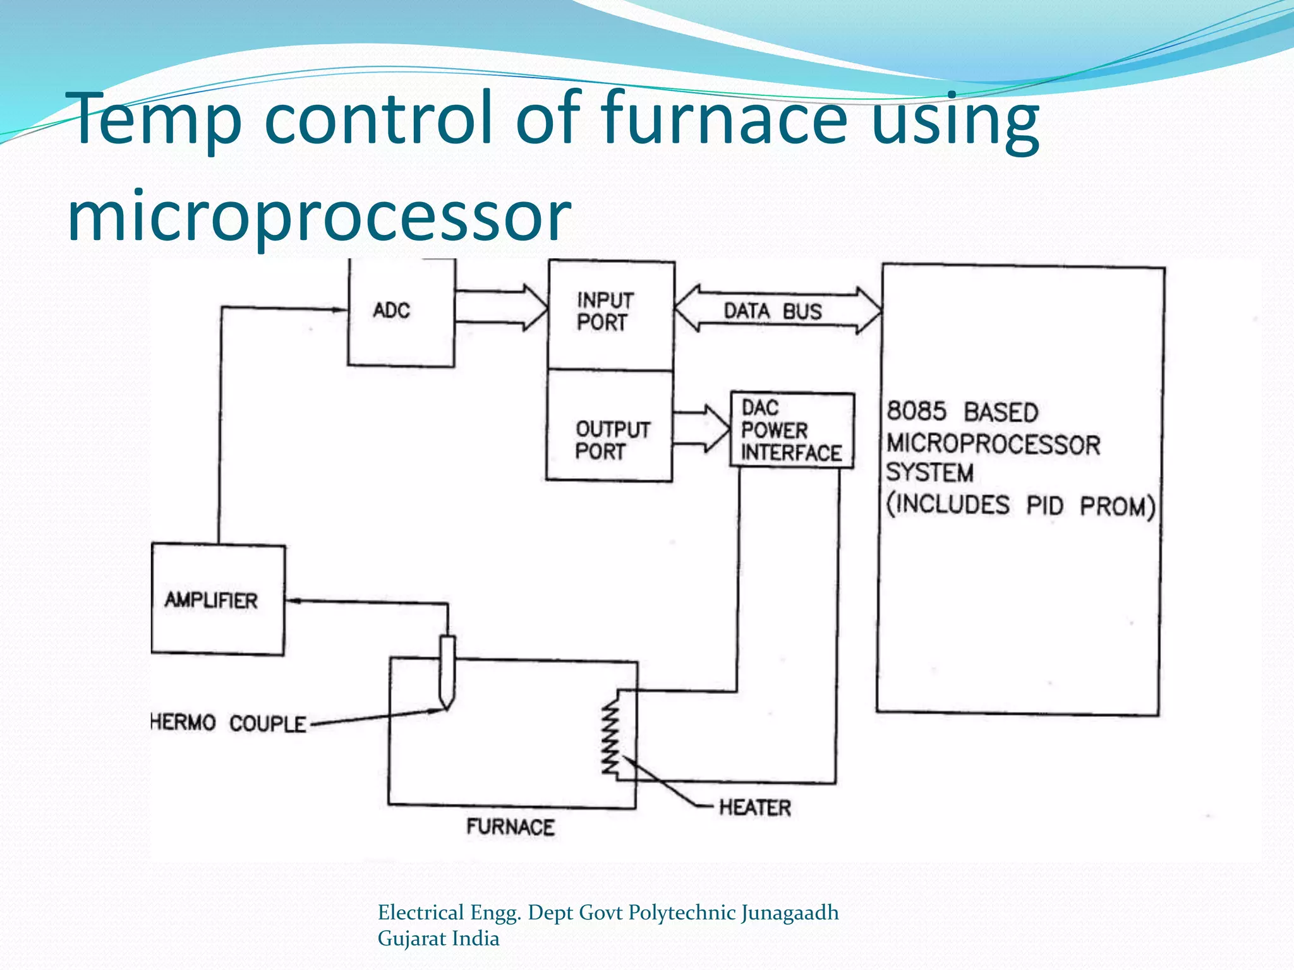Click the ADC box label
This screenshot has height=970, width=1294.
click(391, 310)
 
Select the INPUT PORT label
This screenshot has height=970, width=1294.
click(604, 311)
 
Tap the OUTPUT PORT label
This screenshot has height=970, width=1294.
click(612, 440)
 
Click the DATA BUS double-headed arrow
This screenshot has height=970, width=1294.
click(777, 309)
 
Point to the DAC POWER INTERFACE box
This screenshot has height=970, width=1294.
click(792, 430)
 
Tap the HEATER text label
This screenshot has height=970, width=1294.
click(754, 807)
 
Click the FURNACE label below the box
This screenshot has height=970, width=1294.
click(510, 827)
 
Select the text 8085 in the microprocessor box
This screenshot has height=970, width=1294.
click(916, 411)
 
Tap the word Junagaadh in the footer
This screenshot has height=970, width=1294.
click(790, 913)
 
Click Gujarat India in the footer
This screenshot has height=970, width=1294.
click(438, 938)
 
